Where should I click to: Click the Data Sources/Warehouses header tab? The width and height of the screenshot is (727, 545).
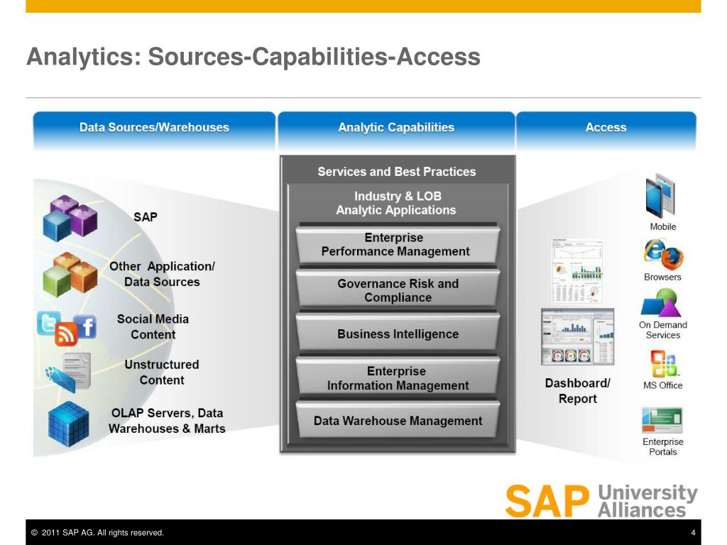(x=154, y=128)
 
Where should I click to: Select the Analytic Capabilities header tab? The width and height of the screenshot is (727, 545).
(x=396, y=128)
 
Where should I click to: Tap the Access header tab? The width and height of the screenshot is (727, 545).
(x=606, y=128)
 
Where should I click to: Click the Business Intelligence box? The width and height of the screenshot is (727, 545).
(x=398, y=334)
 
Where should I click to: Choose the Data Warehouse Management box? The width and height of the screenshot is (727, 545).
(x=398, y=421)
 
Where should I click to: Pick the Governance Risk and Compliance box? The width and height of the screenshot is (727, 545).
(x=398, y=290)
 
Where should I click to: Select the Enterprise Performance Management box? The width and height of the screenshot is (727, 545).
(x=395, y=245)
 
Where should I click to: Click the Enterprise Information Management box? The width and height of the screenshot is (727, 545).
(x=398, y=378)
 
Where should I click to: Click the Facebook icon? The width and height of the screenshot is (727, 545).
(x=85, y=327)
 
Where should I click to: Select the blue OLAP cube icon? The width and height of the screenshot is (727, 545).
(x=68, y=424)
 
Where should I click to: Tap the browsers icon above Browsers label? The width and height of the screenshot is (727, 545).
(x=662, y=253)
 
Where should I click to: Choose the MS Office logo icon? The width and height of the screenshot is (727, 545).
(x=664, y=363)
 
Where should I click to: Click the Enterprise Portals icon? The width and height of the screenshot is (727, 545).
(x=662, y=419)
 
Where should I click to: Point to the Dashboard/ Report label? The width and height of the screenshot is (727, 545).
(x=577, y=391)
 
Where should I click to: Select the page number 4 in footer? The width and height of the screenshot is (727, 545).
(x=692, y=533)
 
